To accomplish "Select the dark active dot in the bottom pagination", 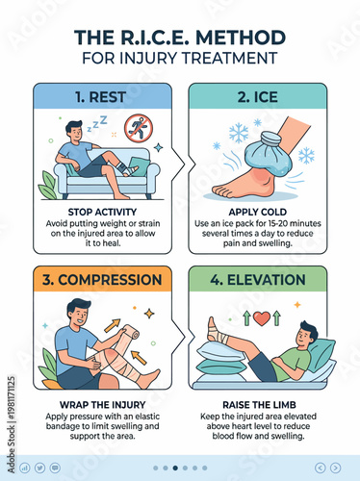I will pos(174,468).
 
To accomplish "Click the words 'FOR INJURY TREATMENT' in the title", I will pos(180,59).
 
